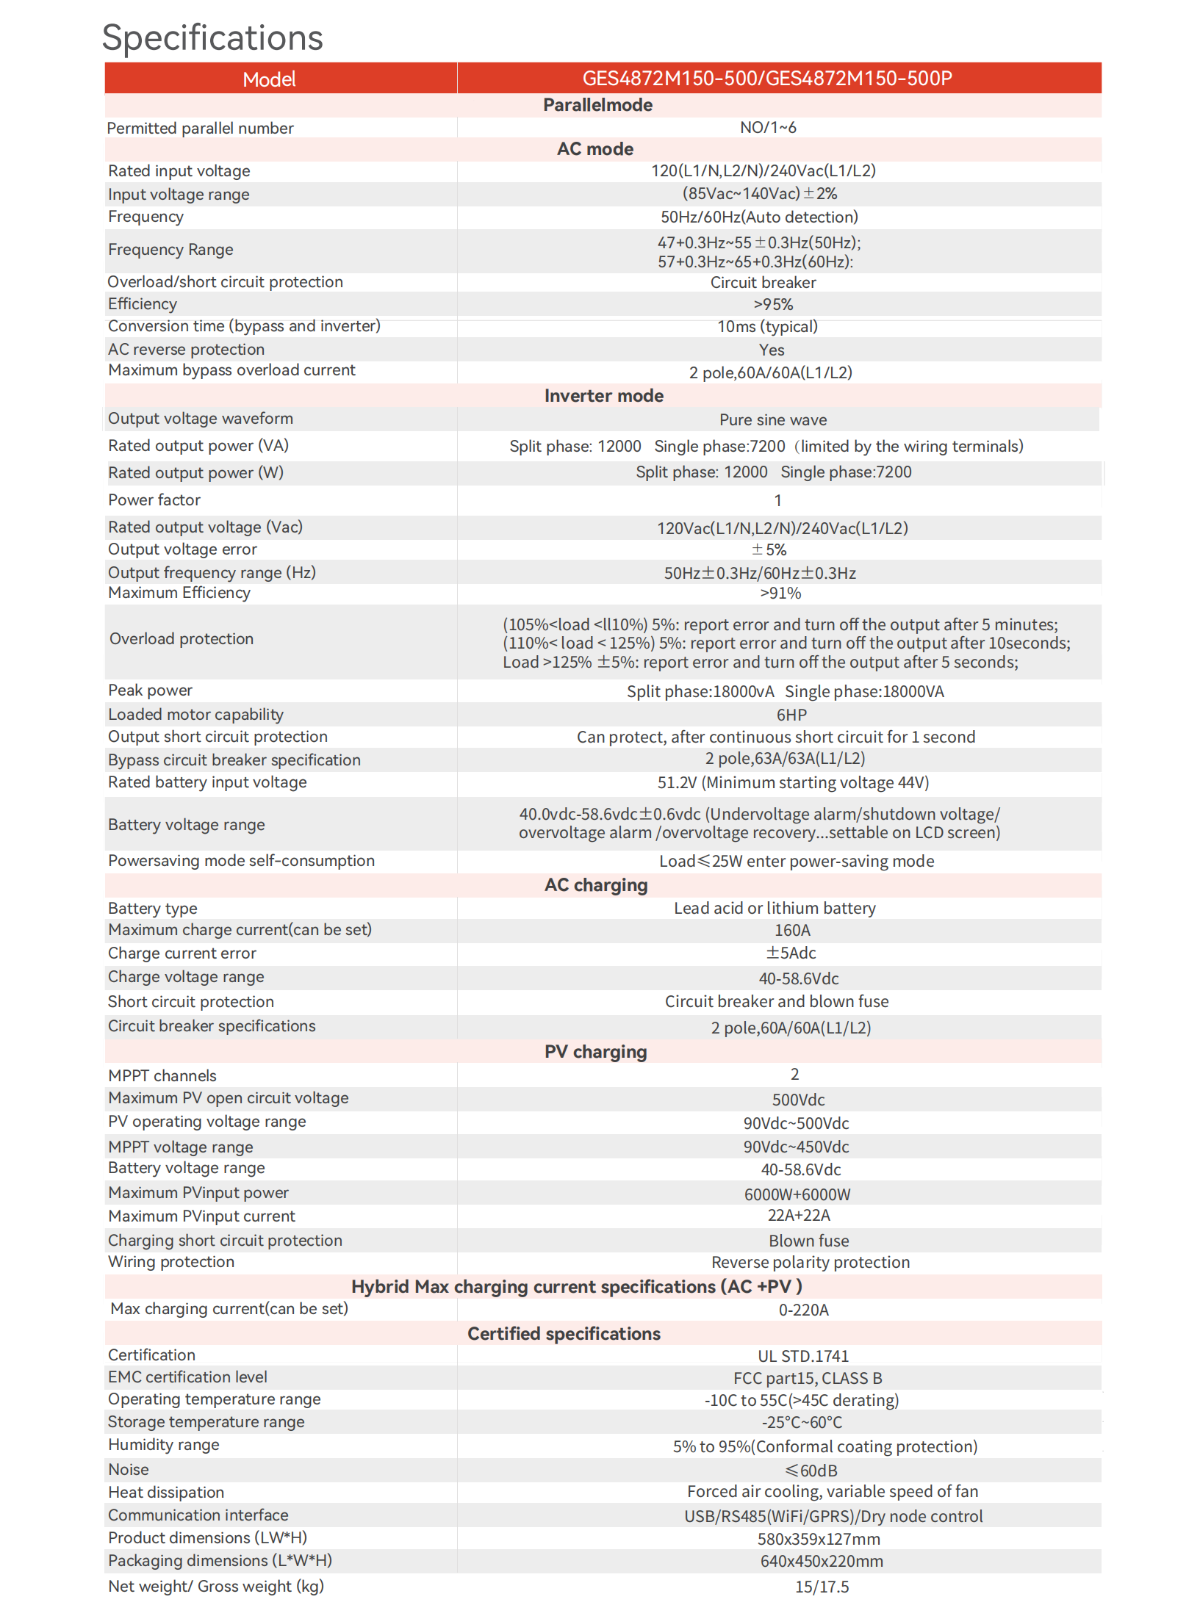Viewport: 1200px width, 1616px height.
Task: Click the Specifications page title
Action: tap(212, 38)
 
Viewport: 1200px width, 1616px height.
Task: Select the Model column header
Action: tap(269, 79)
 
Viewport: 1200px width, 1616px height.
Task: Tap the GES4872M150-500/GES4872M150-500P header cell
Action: tap(767, 79)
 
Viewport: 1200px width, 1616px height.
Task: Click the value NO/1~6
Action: tap(768, 128)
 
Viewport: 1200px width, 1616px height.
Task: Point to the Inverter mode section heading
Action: tap(603, 396)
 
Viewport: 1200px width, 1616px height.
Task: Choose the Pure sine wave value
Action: tap(773, 420)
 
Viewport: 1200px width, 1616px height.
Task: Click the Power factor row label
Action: tap(154, 500)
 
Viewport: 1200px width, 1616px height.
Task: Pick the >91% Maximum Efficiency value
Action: tap(780, 594)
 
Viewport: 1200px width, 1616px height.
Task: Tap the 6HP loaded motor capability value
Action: tap(791, 715)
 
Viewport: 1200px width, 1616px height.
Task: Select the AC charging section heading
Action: tap(596, 885)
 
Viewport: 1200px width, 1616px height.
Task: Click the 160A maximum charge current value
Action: tap(792, 931)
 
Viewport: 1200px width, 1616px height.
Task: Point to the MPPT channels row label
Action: tap(162, 1076)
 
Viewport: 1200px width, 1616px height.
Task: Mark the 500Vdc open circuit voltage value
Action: tap(798, 1100)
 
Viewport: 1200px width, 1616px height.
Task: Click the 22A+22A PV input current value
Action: tap(799, 1216)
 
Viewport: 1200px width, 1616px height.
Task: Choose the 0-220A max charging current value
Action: tap(804, 1310)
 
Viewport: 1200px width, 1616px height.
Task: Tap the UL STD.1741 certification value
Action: tap(803, 1357)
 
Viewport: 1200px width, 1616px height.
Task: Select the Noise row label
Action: tap(129, 1470)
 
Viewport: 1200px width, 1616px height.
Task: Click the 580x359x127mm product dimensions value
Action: tap(819, 1540)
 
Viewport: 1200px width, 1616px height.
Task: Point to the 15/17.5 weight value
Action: tap(822, 1587)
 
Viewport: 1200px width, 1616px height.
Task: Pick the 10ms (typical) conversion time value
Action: tap(767, 327)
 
